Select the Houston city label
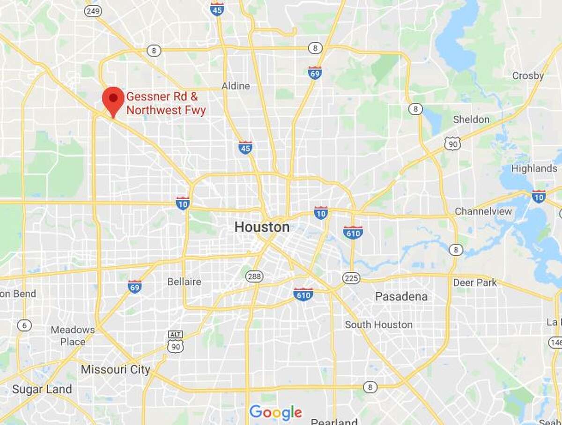(262, 228)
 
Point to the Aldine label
(236, 86)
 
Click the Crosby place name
(528, 76)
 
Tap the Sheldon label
(471, 119)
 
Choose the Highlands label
(534, 168)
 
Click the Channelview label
(483, 211)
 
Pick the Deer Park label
(474, 283)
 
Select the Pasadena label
(401, 297)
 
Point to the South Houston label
(378, 324)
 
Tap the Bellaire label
(184, 282)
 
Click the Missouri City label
(115, 370)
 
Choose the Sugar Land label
(42, 389)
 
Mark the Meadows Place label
(73, 336)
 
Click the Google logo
(275, 412)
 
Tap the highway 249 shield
(93, 11)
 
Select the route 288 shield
(252, 276)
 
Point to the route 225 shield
(351, 278)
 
